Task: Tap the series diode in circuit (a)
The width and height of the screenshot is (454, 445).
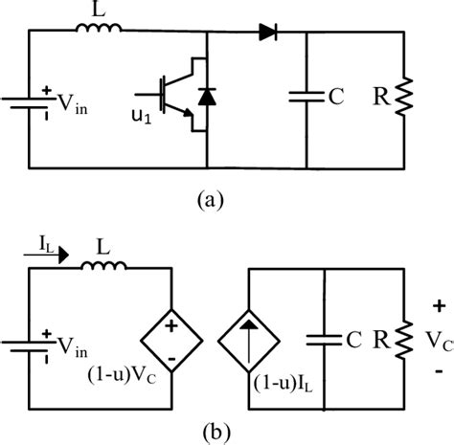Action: [266, 32]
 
